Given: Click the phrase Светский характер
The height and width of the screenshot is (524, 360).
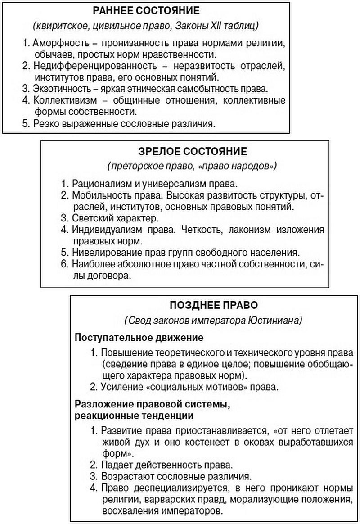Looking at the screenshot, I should [115, 219].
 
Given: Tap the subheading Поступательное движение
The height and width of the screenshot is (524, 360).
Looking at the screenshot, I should [139, 337].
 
